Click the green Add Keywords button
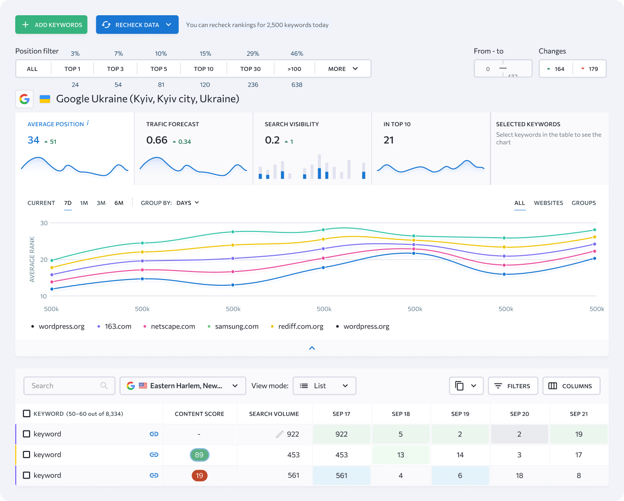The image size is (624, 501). tap(51, 25)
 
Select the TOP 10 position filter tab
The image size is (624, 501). tap(203, 69)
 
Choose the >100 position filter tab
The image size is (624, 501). tap(294, 69)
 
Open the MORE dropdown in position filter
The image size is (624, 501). tap(342, 69)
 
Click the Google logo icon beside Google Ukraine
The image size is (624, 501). tap(24, 99)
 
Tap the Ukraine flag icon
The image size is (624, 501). tap(45, 99)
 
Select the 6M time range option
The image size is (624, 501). tap(119, 203)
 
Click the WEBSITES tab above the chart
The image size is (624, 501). tap(548, 203)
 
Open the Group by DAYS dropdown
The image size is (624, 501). tap(188, 203)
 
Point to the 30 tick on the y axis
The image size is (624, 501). tap(44, 223)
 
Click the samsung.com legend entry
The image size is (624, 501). tap(236, 327)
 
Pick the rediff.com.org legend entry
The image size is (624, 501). tap(301, 327)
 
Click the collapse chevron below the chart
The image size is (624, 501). tap(312, 348)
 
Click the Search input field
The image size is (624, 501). tap(64, 386)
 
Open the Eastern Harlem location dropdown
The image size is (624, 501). tap(183, 386)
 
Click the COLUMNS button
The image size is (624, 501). tap(571, 386)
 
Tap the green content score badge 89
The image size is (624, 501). tap(199, 455)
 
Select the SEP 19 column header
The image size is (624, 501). tap(460, 414)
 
